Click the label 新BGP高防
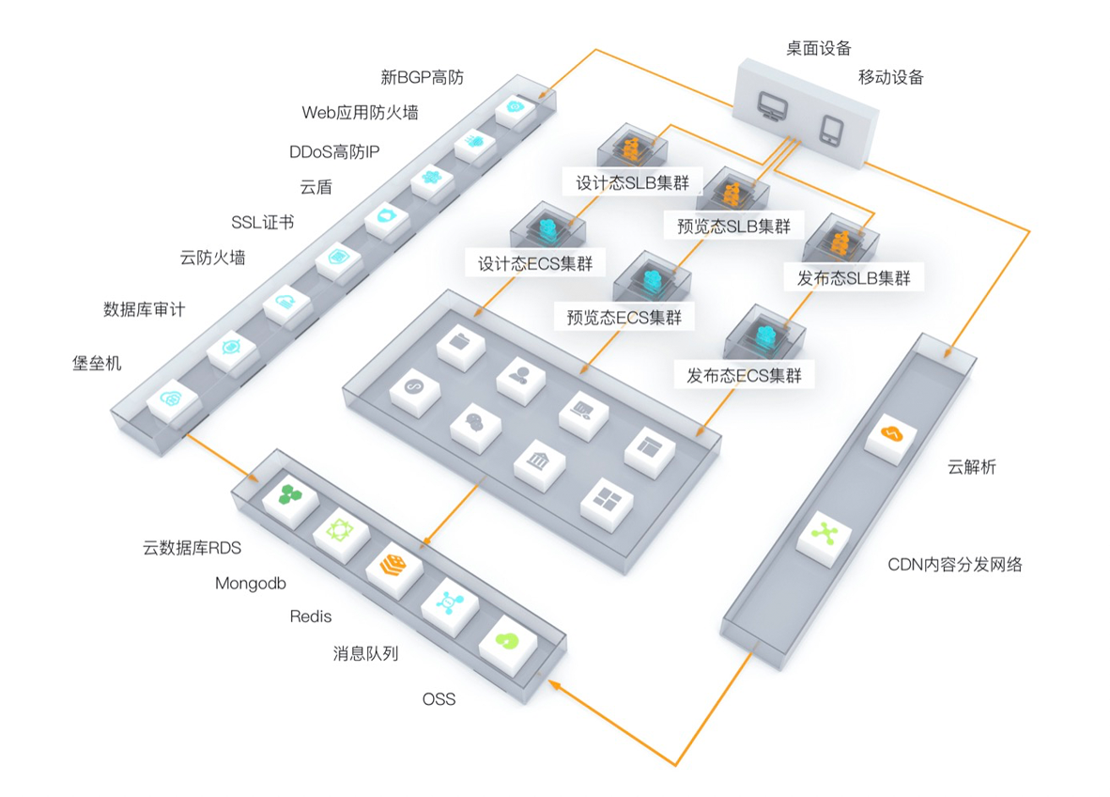click(422, 77)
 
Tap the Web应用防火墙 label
click(360, 113)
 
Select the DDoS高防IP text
click(334, 151)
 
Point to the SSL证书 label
click(263, 223)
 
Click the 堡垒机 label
click(97, 364)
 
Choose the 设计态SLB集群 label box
click(632, 182)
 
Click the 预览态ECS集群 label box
click(624, 318)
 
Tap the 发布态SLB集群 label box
click(854, 277)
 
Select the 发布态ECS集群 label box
click(744, 375)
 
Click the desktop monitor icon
click(772, 107)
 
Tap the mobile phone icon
click(831, 131)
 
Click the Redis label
click(311, 617)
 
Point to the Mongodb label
click(251, 583)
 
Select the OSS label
click(439, 699)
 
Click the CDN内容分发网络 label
click(955, 565)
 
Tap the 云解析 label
click(972, 467)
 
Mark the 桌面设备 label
click(819, 48)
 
